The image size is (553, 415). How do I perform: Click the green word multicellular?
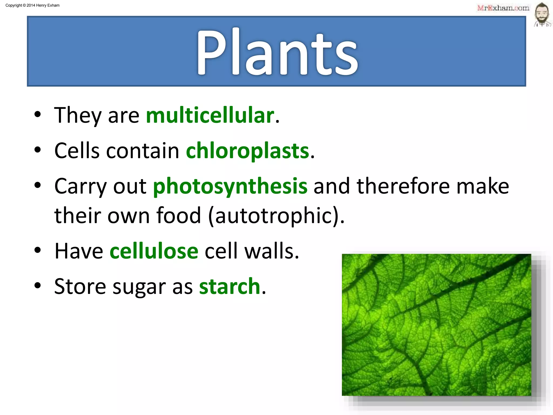210,115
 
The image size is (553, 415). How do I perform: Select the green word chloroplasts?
247,151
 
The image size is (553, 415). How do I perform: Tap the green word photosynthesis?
230,186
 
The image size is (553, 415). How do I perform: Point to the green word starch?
230,286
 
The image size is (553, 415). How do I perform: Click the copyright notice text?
32,5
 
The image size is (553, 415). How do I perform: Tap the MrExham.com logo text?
503,8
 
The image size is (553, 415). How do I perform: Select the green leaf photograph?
436,325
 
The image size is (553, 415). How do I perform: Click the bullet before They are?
38,115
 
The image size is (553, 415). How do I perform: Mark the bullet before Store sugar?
38,285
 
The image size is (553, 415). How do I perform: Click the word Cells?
77,151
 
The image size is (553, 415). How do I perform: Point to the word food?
179,216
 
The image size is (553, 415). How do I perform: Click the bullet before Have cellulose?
38,250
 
